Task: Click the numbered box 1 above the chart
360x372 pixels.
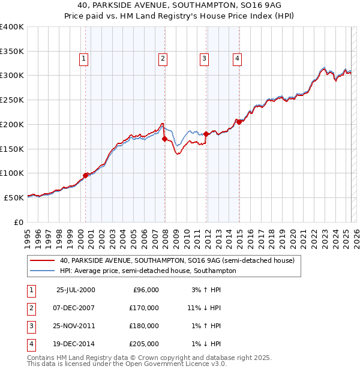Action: click(83, 58)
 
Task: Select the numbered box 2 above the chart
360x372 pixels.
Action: click(163, 58)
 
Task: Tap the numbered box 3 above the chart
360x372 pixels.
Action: click(205, 58)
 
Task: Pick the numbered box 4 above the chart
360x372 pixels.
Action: click(238, 58)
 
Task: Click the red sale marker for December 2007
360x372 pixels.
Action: click(164, 139)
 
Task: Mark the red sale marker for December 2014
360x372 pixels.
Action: click(239, 122)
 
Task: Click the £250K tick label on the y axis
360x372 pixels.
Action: click(12, 100)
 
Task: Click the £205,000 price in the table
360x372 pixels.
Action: click(145, 344)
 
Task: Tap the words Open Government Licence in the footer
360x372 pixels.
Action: click(174, 364)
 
